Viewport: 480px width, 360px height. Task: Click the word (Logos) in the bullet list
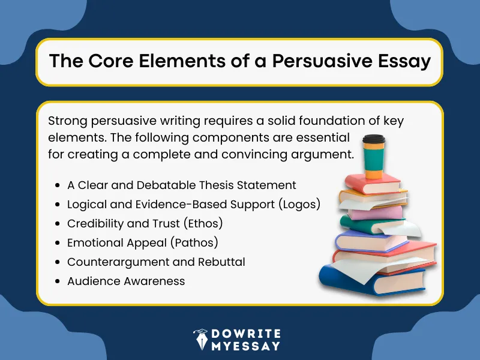pos(299,204)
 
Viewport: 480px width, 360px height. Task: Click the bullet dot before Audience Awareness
pos(56,281)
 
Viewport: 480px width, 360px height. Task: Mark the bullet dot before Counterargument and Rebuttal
pos(56,262)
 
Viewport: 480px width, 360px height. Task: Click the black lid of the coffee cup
pos(373,139)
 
